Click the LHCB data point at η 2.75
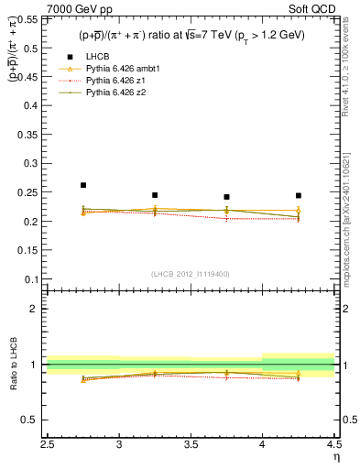tap(83, 185)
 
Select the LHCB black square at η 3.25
tap(155, 195)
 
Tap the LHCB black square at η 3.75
tap(226, 197)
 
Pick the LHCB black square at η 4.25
tap(298, 195)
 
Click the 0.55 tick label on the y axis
tap(29, 19)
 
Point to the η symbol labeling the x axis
tap(334, 455)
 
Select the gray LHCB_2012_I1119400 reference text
tap(191, 274)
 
